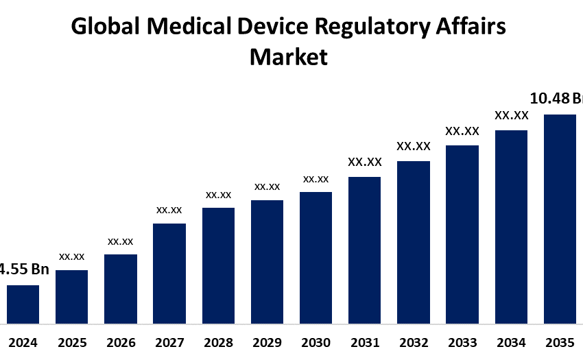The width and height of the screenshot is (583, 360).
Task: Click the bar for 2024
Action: pos(23,304)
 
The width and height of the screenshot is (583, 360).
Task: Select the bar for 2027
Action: pos(169,273)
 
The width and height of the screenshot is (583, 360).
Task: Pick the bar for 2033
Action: pos(462,234)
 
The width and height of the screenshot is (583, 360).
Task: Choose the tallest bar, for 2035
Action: pos(560,218)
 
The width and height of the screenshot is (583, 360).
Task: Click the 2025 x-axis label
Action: pos(71,342)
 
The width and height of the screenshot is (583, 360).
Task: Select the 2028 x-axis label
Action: pos(218,342)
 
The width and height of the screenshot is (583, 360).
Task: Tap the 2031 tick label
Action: pos(364,342)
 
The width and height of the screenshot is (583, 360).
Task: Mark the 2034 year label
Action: pos(511,342)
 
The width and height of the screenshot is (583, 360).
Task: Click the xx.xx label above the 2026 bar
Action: pos(120,241)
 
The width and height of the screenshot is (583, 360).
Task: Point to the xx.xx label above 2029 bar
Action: pos(267,187)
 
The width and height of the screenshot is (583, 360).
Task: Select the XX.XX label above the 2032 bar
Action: pos(414,146)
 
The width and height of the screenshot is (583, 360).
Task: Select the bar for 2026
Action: pos(120,289)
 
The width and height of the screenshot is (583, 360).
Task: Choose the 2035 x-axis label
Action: pos(560,342)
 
